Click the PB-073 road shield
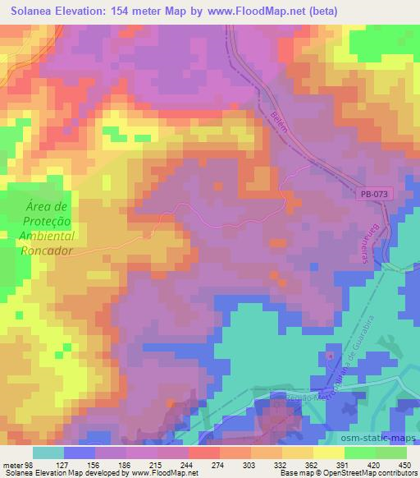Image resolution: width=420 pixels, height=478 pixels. (x=375, y=195)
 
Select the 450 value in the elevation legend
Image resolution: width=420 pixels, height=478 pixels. (x=404, y=465)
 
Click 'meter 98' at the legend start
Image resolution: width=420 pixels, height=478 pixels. (x=18, y=465)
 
